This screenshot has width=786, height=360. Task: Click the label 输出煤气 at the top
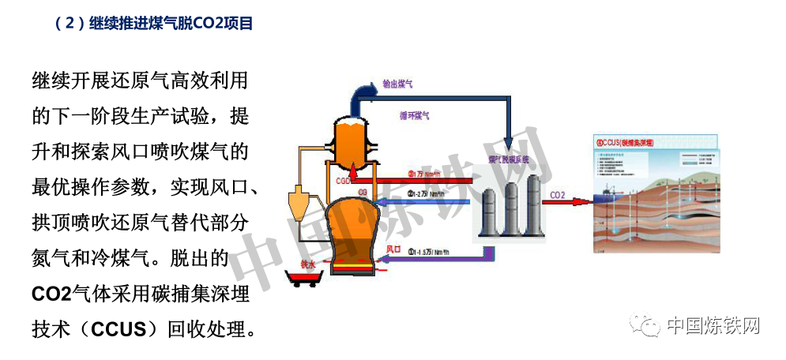point(399,83)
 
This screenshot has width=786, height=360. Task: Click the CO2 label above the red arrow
point(557,195)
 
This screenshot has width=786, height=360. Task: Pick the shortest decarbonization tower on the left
point(489,211)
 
